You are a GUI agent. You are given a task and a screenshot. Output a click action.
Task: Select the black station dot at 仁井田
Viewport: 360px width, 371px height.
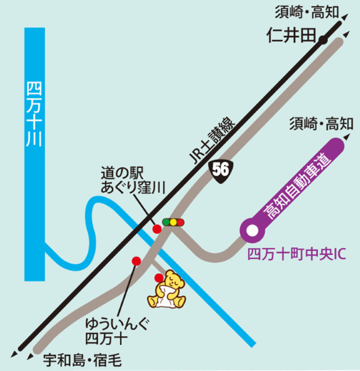[323, 40]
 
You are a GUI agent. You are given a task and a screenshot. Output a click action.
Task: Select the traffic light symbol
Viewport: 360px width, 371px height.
[173, 221]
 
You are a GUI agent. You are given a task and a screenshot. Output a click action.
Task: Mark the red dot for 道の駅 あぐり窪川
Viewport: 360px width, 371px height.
[156, 229]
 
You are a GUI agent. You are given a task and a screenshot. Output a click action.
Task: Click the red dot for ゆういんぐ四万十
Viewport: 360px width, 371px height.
[135, 261]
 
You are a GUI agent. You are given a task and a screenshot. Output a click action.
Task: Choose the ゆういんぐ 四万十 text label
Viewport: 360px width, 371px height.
[107, 330]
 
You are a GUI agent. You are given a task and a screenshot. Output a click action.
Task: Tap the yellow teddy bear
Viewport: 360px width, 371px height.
[167, 289]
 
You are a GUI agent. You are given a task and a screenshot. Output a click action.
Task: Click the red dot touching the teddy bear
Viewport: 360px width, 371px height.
[159, 276]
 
